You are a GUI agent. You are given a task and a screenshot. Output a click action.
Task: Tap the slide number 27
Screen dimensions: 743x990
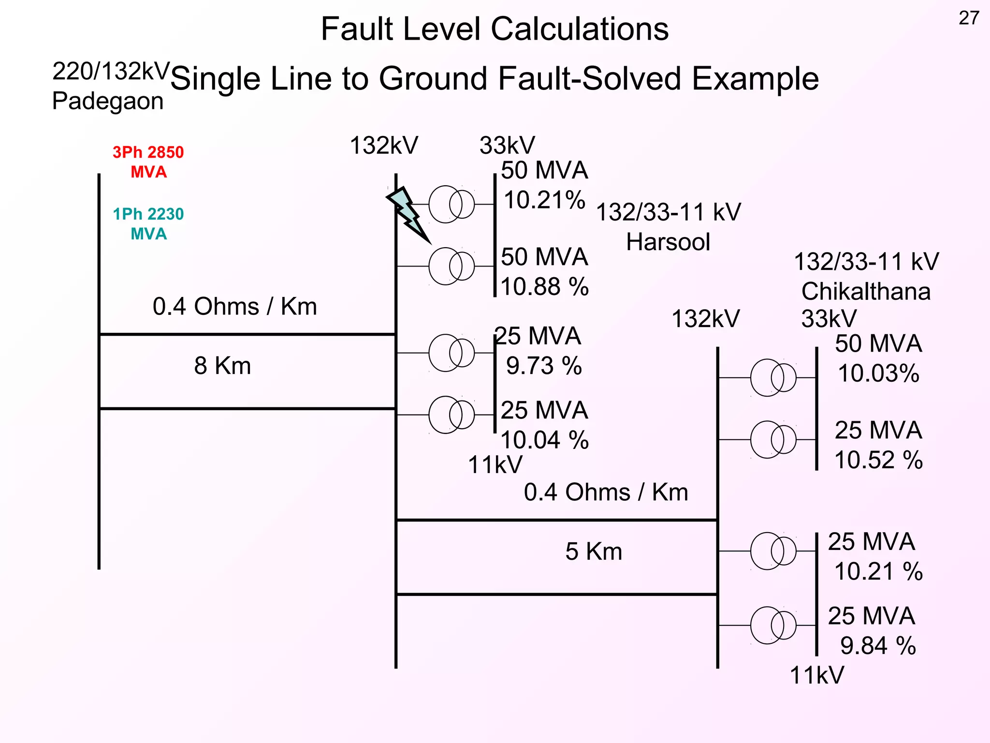(968, 18)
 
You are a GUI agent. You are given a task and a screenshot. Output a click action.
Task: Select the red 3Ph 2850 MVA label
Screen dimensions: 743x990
(148, 162)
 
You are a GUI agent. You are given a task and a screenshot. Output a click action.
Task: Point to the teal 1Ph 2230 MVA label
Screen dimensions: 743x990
(148, 224)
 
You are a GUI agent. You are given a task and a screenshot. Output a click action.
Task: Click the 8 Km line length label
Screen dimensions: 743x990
(222, 366)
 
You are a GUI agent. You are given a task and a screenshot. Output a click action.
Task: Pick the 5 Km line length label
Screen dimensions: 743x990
(594, 551)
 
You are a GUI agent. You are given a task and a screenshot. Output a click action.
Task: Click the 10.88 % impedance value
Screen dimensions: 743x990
(545, 286)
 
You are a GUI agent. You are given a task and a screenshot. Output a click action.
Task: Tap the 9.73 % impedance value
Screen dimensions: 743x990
(544, 366)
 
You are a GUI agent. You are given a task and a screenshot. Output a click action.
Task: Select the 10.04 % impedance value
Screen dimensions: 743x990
(545, 440)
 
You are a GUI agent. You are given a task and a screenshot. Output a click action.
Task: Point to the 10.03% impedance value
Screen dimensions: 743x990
(878, 373)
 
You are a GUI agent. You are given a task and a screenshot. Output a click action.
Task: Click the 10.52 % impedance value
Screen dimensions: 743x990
(878, 460)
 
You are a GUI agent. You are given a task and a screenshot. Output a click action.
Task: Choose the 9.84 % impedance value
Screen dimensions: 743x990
(878, 646)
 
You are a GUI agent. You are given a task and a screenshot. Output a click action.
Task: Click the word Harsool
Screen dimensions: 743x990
(668, 242)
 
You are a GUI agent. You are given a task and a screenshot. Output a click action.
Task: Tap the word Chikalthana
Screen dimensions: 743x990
(866, 292)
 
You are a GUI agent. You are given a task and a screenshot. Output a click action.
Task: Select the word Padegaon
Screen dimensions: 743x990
(108, 101)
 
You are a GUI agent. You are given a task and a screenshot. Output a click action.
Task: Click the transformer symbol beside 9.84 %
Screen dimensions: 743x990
(773, 625)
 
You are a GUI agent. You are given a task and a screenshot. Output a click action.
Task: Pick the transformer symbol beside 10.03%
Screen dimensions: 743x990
(773, 378)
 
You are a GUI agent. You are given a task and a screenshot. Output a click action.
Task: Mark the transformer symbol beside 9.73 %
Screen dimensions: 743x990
(451, 353)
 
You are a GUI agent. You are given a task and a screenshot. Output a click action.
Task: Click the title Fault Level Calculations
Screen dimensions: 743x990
(495, 29)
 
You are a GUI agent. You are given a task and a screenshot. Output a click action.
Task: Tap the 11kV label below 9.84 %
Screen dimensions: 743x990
(816, 675)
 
